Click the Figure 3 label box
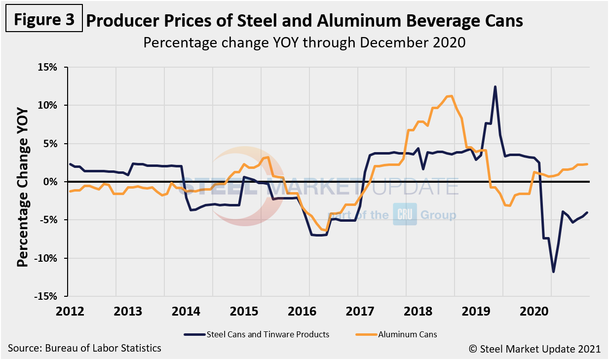point(44,20)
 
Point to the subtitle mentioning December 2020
point(304,42)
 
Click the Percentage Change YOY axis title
point(23,182)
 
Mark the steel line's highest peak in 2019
point(495,86)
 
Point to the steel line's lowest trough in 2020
point(553,272)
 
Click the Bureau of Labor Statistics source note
point(84,348)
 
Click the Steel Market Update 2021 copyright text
point(534,349)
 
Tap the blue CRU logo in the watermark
point(405,214)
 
